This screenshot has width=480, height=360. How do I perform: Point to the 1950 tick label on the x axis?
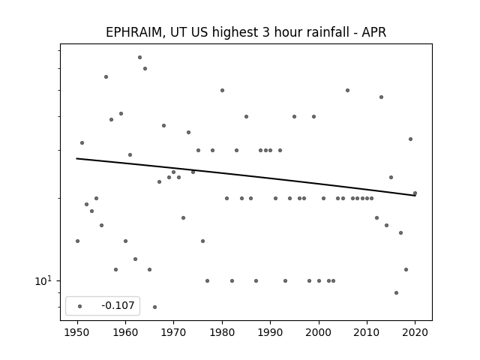(77, 332)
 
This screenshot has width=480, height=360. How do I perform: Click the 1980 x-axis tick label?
(222, 332)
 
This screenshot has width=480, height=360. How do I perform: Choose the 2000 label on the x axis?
(319, 332)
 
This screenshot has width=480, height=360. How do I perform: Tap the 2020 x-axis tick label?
(415, 332)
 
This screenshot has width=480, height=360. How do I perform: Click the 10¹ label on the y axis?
(43, 280)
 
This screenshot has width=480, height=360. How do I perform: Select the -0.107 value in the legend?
(118, 305)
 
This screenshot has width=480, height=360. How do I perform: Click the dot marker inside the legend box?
(80, 306)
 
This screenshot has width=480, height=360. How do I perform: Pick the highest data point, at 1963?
(140, 57)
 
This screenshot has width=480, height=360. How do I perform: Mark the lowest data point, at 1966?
(155, 307)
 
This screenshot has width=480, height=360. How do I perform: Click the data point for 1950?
(77, 241)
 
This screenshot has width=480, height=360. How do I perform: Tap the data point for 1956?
(106, 76)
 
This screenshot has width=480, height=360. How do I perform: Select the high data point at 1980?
(222, 90)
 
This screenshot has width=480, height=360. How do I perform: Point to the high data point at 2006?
(347, 90)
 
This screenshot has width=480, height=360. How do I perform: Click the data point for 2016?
(396, 293)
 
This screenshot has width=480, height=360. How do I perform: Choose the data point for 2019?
(410, 139)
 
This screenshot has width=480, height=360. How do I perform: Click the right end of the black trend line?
(415, 195)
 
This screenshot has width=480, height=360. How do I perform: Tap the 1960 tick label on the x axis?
(125, 332)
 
